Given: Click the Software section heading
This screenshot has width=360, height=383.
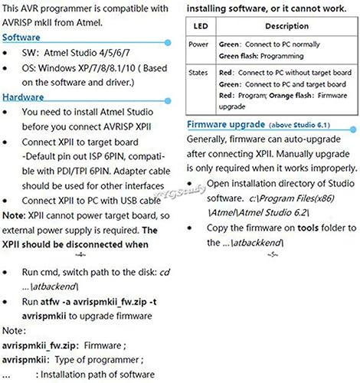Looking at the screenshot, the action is [22, 38].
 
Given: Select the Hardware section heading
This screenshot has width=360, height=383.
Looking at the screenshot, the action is [24, 97].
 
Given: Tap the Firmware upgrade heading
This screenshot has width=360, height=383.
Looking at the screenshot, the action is [227, 124].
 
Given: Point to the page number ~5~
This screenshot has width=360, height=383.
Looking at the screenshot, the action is [273, 254].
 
